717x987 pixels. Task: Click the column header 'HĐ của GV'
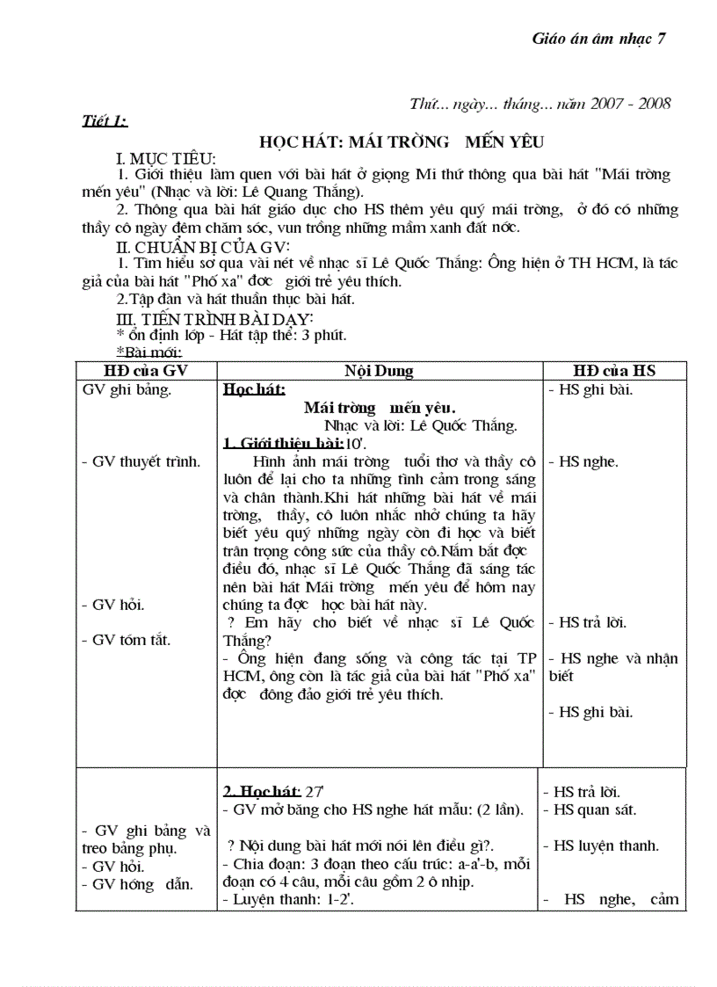point(147,371)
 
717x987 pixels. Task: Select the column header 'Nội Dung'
point(379,371)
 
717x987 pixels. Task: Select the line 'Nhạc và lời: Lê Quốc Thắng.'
point(420,425)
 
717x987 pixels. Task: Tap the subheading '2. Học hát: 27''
point(268,791)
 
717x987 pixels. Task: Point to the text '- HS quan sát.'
point(590,809)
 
